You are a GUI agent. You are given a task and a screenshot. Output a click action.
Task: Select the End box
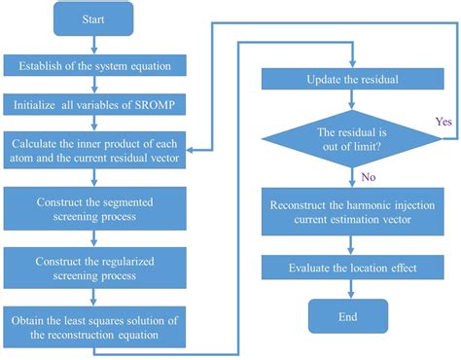[347, 317]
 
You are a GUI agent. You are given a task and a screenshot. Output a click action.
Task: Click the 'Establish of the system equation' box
[93, 67]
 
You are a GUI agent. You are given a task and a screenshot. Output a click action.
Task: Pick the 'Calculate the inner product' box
[93, 150]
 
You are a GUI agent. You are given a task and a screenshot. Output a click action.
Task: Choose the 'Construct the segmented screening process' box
[93, 208]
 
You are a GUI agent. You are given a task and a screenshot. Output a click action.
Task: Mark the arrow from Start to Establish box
[93, 46]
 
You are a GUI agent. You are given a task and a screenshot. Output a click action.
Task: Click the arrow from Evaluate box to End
[347, 290]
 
